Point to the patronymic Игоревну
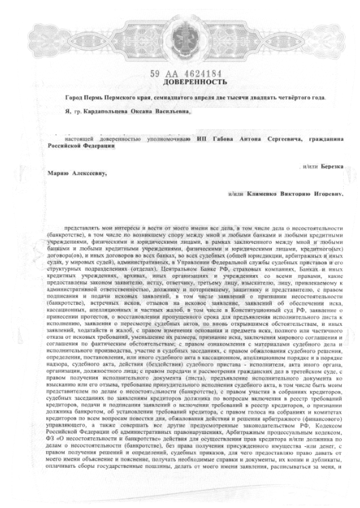click(x=326, y=194)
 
